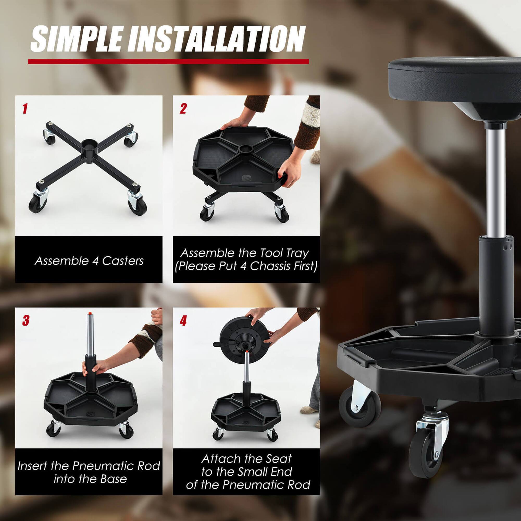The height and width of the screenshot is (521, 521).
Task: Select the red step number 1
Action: pos(25,108)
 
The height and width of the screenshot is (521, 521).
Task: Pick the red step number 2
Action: pos(183,108)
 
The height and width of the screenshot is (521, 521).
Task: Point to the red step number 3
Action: pos(26,321)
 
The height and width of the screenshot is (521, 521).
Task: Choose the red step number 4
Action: pos(183,321)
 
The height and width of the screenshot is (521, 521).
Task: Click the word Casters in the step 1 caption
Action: pos(123,261)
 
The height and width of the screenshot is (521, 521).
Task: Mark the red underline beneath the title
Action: pos(168,61)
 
